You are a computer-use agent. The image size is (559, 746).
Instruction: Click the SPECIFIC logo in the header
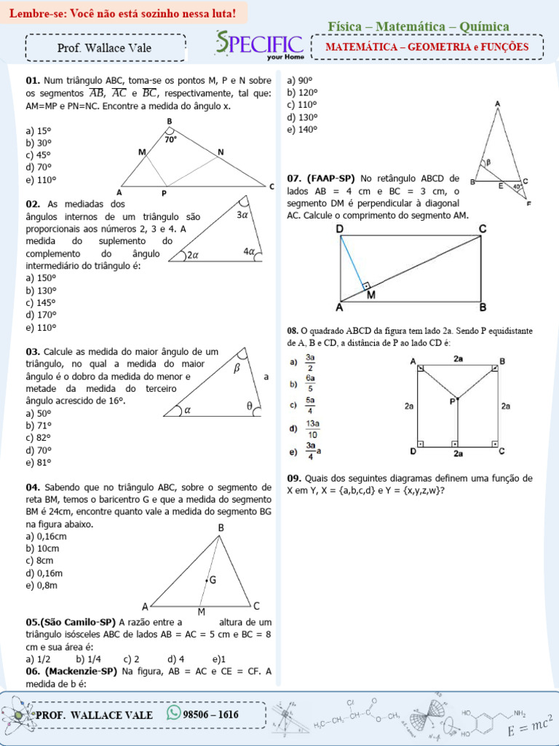(x=259, y=44)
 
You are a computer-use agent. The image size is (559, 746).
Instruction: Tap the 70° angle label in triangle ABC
(x=170, y=138)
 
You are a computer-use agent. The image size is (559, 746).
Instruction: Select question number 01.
(x=33, y=81)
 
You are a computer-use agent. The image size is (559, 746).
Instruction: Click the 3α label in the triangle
(x=243, y=215)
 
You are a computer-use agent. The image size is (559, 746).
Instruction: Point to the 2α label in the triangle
(x=193, y=256)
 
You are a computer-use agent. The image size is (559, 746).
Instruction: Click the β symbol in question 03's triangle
(x=237, y=369)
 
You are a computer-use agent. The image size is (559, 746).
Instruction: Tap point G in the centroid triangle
(x=212, y=580)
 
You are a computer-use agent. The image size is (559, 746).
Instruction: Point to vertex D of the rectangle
(x=340, y=229)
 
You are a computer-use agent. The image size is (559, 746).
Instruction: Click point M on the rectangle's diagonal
(x=371, y=295)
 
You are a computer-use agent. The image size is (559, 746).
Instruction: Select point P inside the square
(x=453, y=400)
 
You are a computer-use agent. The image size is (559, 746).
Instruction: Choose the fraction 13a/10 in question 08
(x=311, y=428)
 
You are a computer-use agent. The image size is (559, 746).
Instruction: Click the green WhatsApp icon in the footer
(x=173, y=712)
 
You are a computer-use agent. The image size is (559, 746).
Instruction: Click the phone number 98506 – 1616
(x=211, y=714)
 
